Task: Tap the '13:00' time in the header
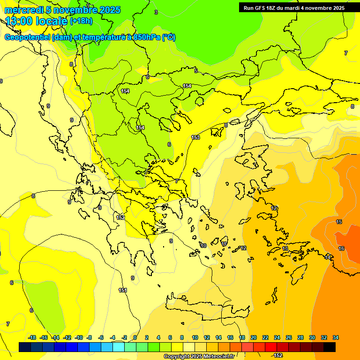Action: tap(18, 21)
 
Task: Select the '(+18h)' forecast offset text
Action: tap(81, 21)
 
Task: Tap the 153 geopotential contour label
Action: tap(195, 137)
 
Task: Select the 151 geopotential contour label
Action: tap(123, 291)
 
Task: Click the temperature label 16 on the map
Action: tap(341, 249)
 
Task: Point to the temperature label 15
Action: tap(339, 222)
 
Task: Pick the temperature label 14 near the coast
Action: tap(328, 257)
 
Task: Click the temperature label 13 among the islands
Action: tap(285, 249)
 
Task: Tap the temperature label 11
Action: tap(224, 244)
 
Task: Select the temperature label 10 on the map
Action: tap(203, 246)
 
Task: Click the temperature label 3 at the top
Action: tap(156, 12)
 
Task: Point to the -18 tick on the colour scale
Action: tap(32, 337)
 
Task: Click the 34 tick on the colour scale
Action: tap(336, 337)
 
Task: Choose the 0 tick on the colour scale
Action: tap(135, 337)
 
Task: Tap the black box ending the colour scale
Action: tap(330, 347)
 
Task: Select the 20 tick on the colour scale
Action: tap(253, 337)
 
